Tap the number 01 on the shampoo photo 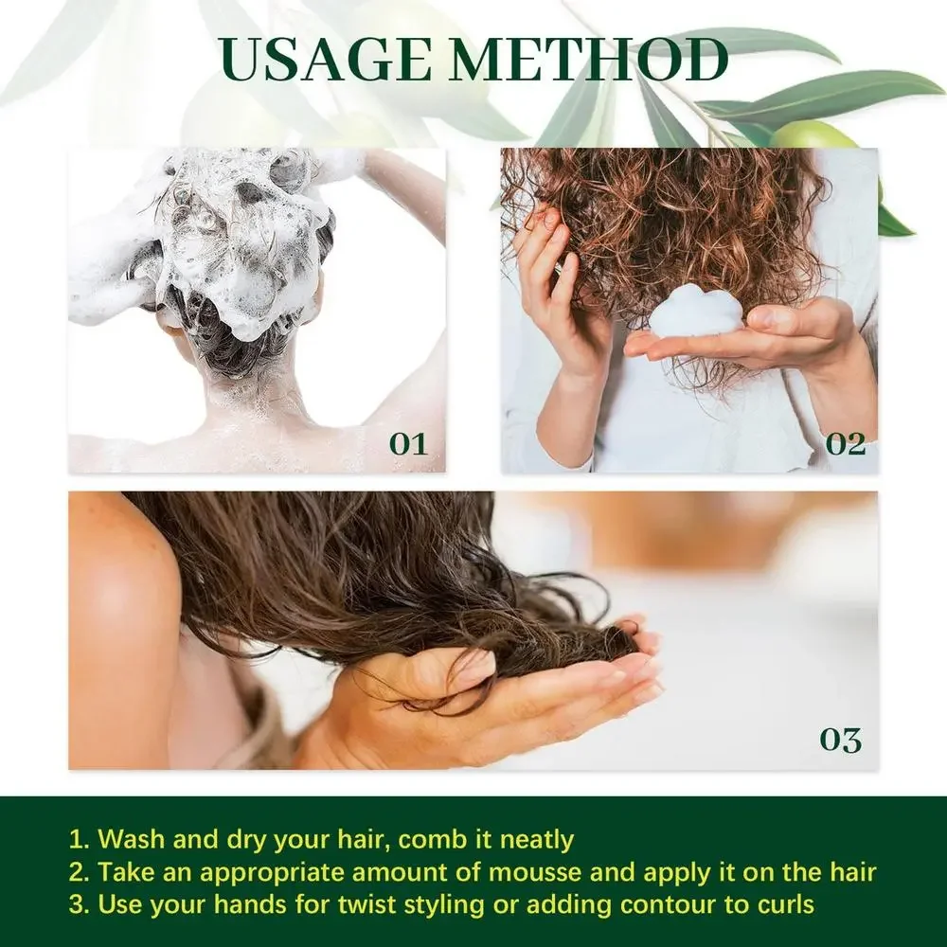click(408, 443)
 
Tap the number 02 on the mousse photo click(845, 443)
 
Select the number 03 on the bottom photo click(840, 740)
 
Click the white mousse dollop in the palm click(697, 312)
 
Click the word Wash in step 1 click(131, 839)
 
